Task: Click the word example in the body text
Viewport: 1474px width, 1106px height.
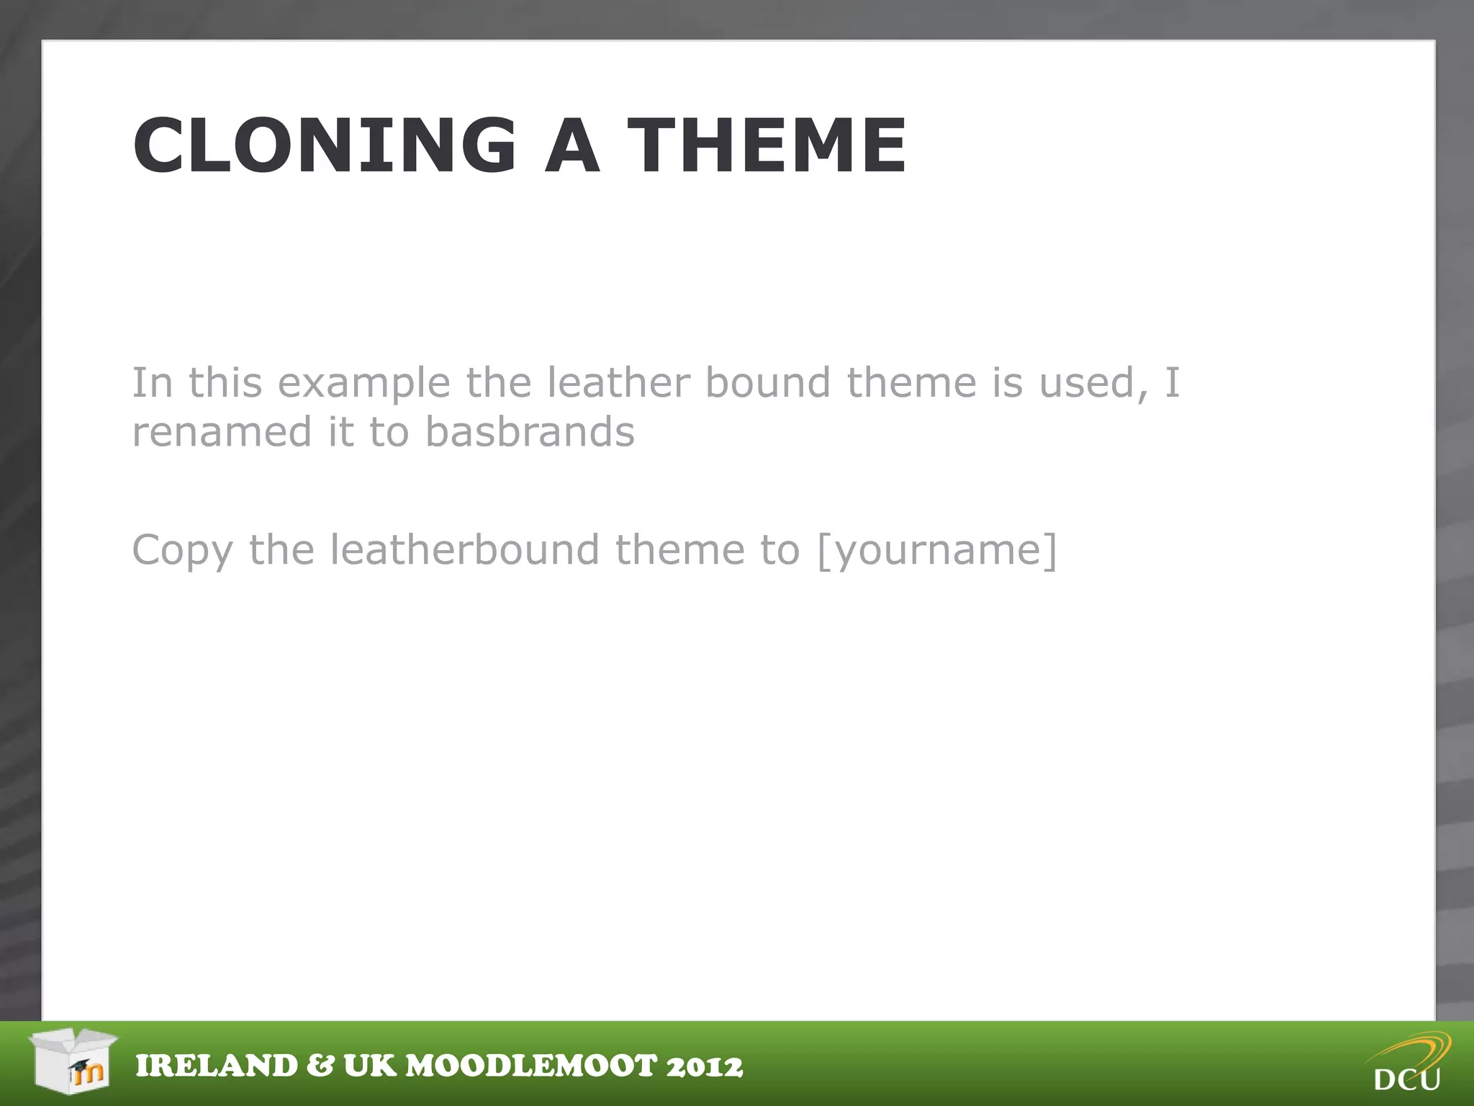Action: [363, 383]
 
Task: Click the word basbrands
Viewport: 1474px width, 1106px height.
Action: [530, 431]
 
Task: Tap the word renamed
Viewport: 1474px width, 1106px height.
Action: [222, 431]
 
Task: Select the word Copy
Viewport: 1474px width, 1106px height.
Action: [183, 551]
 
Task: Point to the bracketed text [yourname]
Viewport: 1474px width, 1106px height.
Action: [937, 551]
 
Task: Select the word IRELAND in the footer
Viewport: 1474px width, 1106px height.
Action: [217, 1066]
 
